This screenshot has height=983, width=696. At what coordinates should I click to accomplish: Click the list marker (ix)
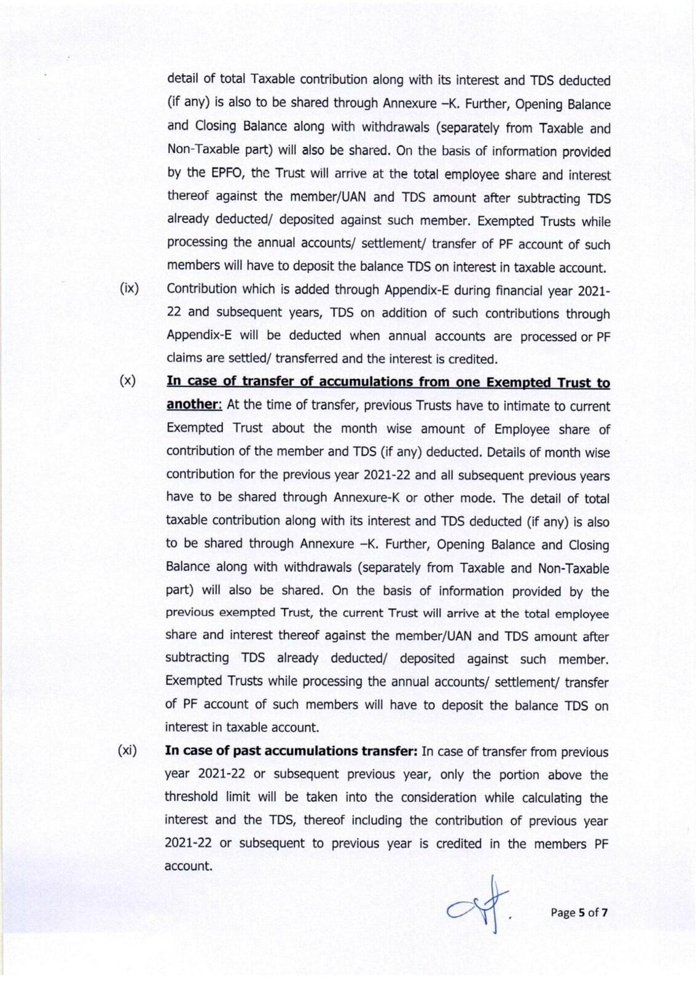129,288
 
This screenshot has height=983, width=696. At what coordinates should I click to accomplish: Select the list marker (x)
127,380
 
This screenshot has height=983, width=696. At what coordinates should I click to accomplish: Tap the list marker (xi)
127,750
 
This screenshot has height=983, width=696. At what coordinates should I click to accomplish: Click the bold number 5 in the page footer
581,912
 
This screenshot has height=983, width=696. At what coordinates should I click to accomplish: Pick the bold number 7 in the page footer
604,912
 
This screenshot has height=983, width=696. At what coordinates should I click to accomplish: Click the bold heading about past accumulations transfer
291,751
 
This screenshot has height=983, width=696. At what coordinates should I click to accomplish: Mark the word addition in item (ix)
404,313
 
